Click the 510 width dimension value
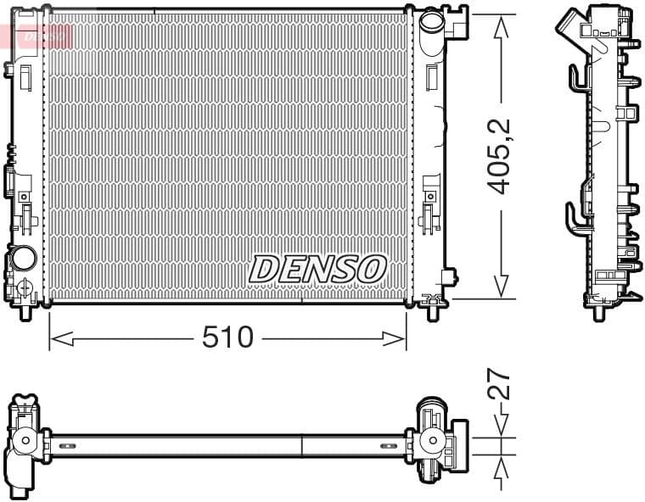point(227,337)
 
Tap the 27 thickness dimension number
point(501,385)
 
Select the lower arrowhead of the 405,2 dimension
point(502,288)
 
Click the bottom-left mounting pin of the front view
point(25,312)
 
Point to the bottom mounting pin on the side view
point(600,312)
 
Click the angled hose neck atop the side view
point(573,20)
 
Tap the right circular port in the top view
point(434,441)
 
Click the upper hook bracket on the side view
point(577,78)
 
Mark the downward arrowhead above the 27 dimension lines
point(502,428)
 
